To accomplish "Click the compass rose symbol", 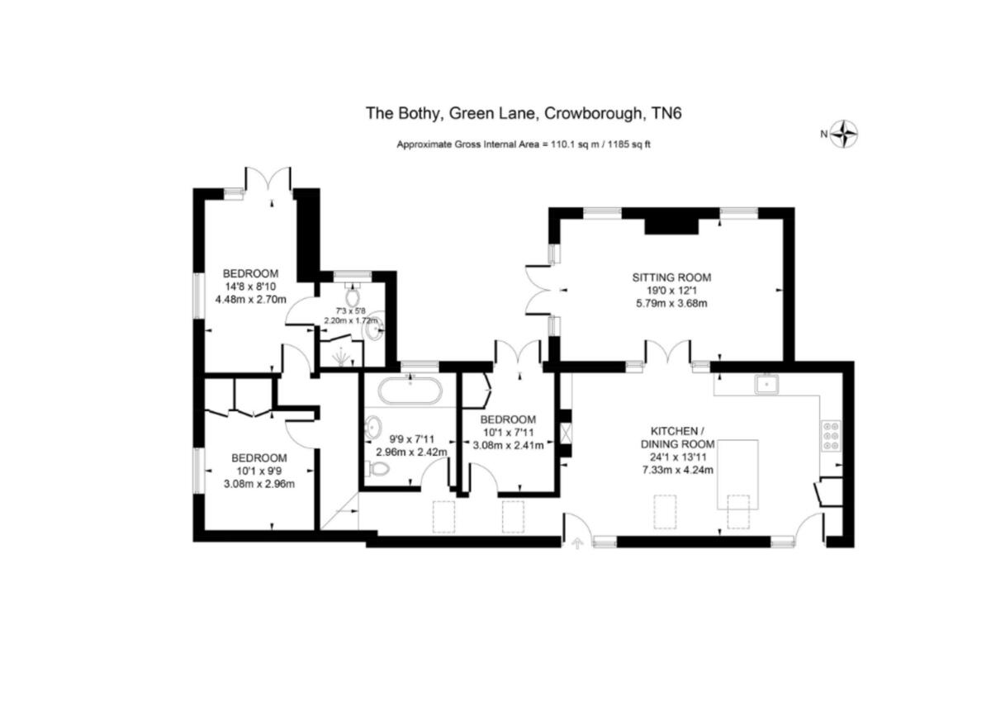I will (844, 133).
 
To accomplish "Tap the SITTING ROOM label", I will (671, 277).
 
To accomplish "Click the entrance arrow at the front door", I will (576, 543).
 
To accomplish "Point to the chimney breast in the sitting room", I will (671, 222).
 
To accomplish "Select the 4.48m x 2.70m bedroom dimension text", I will (251, 300).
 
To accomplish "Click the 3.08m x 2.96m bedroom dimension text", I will (259, 485).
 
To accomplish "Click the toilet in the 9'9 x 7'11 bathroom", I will (377, 469).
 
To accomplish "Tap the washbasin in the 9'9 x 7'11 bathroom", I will (373, 426).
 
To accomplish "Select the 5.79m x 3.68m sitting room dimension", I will (671, 303).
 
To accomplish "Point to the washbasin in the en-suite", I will (376, 326).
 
